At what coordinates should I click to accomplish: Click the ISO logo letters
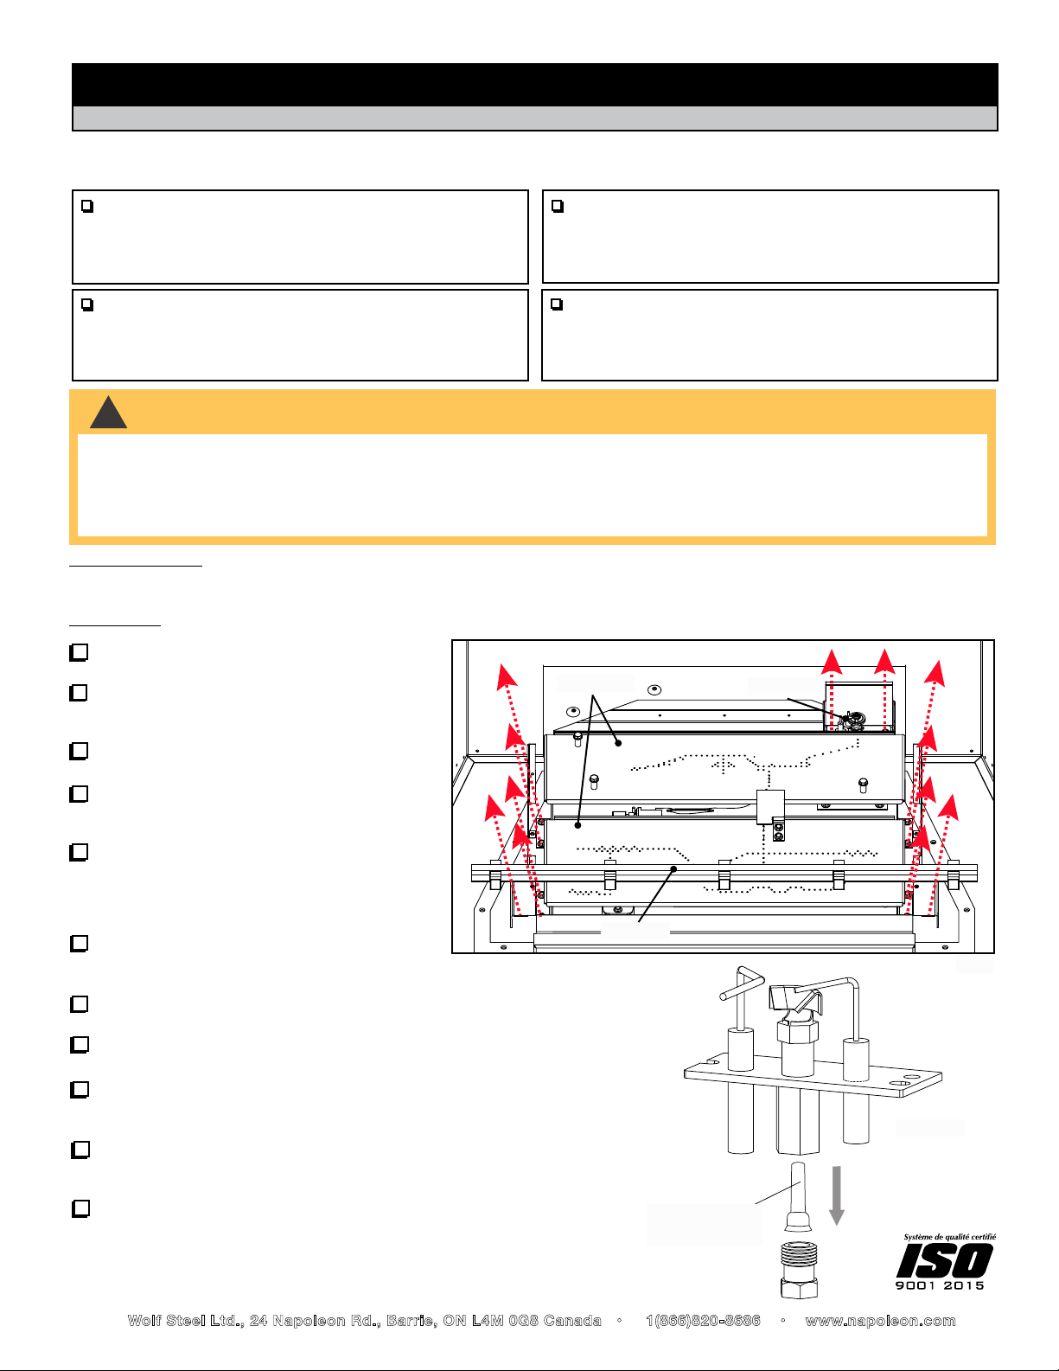(x=944, y=1260)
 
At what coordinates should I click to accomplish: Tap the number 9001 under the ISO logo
(x=915, y=1285)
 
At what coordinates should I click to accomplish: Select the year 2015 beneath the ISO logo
(x=964, y=1285)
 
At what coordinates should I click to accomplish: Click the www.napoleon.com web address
(x=880, y=1321)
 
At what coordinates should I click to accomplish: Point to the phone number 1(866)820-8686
(x=703, y=1321)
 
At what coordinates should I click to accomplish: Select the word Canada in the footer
(x=572, y=1321)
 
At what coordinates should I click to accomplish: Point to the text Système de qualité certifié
(x=949, y=1237)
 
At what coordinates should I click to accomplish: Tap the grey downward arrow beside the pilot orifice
(x=837, y=1195)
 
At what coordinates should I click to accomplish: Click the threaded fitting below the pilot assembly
(x=800, y=1270)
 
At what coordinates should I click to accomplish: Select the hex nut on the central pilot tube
(x=798, y=1032)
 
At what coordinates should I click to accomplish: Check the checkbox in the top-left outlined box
(x=87, y=207)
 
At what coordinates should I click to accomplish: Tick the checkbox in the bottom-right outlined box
(x=557, y=304)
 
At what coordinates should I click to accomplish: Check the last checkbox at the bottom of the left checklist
(x=80, y=1208)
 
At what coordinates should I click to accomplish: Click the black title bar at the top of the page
(x=534, y=85)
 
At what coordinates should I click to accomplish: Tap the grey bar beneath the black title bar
(x=534, y=118)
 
